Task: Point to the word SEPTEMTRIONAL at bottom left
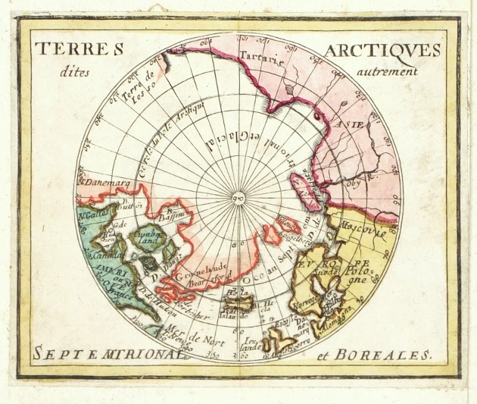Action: click(92, 352)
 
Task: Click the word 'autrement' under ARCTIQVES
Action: click(390, 72)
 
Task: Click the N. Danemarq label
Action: click(102, 184)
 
